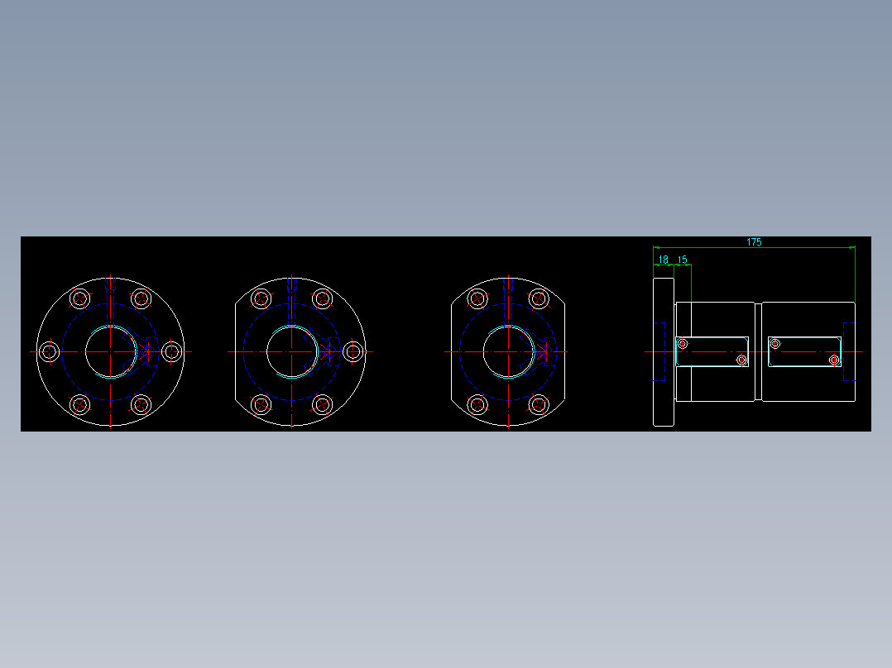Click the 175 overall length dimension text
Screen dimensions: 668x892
click(754, 242)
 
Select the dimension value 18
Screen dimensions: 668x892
click(663, 260)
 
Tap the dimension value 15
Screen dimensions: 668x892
click(683, 260)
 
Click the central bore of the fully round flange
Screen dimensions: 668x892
click(110, 351)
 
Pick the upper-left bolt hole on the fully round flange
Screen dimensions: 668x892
click(79, 298)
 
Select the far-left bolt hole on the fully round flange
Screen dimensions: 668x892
click(49, 351)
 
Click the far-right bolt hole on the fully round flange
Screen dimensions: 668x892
click(171, 351)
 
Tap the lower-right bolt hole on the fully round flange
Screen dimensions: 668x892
click(141, 404)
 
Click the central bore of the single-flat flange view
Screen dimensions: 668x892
click(291, 351)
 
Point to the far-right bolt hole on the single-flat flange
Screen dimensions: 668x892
click(353, 351)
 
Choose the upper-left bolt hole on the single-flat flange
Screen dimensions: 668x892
click(261, 298)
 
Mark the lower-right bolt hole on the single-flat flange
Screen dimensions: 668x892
click(323, 404)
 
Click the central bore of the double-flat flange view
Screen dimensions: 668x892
click(507, 351)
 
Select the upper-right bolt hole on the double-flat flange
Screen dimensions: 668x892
click(539, 298)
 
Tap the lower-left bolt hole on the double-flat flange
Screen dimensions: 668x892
click(477, 404)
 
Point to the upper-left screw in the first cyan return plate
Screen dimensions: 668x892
click(683, 343)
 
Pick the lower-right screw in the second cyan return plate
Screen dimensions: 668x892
click(834, 360)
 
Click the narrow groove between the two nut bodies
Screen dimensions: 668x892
click(758, 351)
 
